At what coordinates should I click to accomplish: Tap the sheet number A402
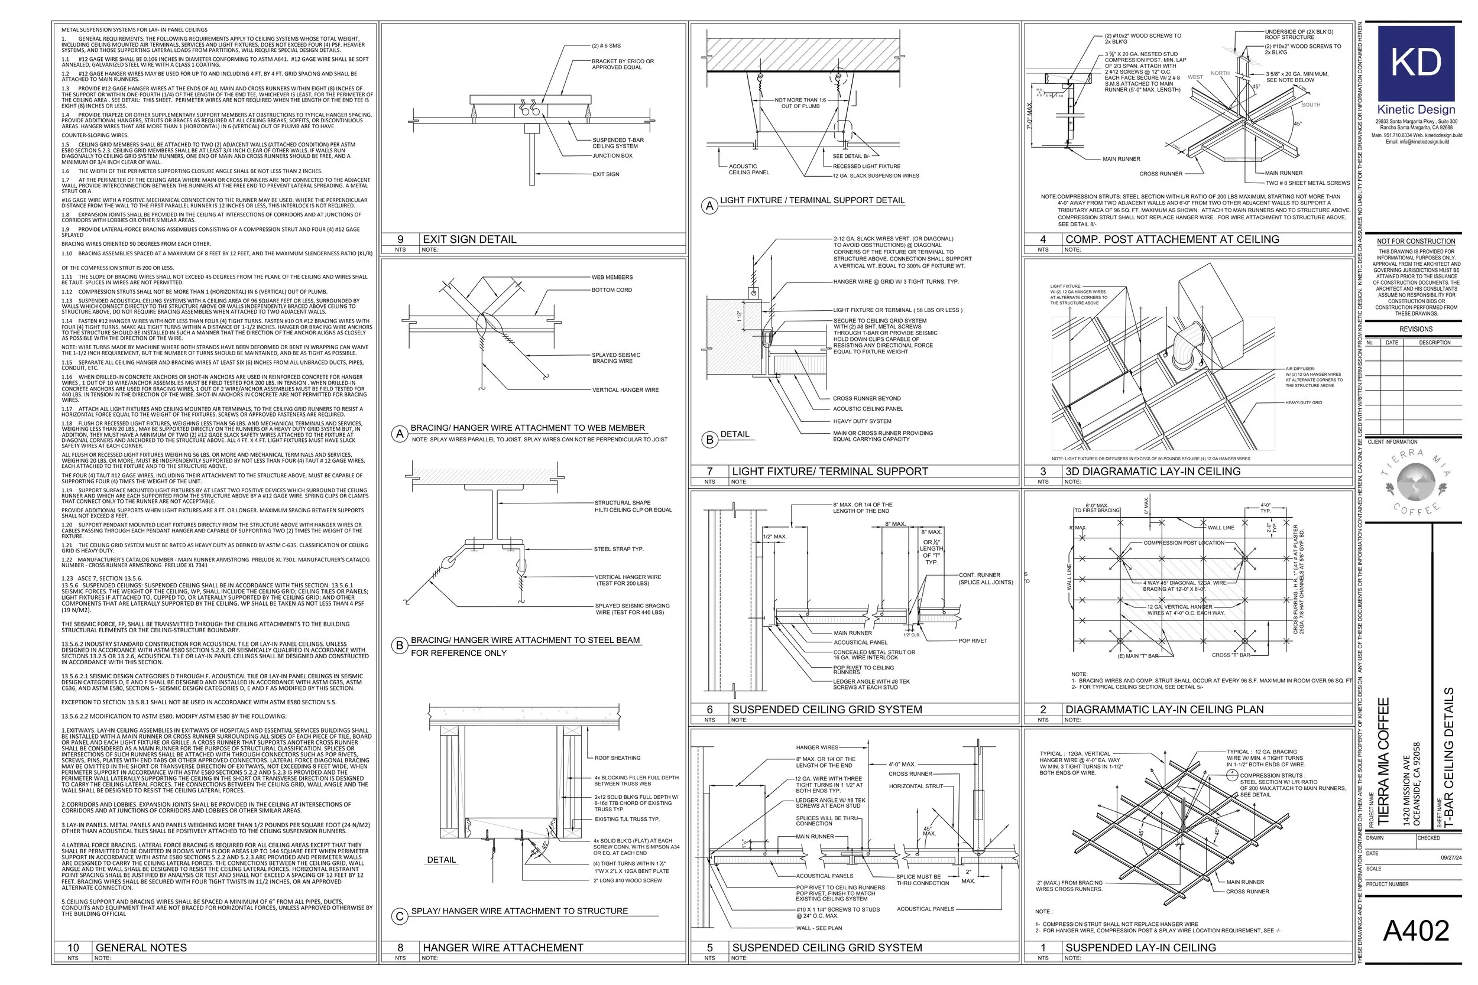coord(1416,931)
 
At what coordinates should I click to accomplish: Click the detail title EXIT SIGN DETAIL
coord(469,239)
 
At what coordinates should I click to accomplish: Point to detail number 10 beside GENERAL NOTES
coord(73,947)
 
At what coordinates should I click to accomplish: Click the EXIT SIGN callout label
coord(605,175)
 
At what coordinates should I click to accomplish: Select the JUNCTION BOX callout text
coord(612,156)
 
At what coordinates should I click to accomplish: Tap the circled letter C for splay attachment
coord(399,916)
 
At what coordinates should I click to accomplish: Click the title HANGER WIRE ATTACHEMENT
coord(503,947)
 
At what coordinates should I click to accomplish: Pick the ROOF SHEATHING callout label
coord(617,758)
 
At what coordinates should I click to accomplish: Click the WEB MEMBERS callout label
coord(612,277)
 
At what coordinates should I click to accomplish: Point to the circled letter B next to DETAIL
coord(709,440)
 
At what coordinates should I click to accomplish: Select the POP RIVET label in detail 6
coord(972,641)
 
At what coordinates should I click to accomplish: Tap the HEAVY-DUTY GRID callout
coord(1304,402)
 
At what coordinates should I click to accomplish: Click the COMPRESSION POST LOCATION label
coord(1183,543)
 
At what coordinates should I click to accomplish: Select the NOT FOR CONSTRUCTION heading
coord(1416,241)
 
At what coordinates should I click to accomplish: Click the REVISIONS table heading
coord(1416,329)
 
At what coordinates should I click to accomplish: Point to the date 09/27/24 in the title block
coord(1451,857)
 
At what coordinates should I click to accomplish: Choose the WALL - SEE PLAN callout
coord(819,928)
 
